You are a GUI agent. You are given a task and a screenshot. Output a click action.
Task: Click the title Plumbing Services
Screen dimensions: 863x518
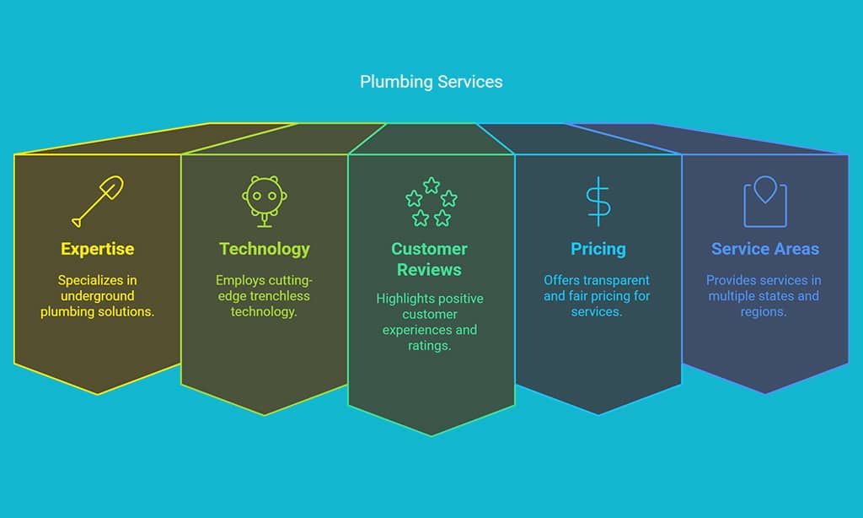point(431,82)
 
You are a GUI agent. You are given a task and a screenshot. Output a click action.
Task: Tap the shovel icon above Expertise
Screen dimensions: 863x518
point(98,201)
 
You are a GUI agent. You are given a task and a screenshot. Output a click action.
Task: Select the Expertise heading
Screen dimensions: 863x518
point(98,249)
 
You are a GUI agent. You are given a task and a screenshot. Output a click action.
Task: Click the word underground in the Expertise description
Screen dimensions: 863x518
point(98,296)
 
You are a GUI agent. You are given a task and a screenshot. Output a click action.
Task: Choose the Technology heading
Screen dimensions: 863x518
point(264,249)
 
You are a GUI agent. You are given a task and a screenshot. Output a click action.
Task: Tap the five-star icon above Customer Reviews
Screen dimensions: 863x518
point(431,202)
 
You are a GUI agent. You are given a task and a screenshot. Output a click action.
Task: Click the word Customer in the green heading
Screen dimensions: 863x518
point(429,249)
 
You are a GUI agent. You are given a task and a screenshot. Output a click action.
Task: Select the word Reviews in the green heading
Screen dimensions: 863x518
point(429,269)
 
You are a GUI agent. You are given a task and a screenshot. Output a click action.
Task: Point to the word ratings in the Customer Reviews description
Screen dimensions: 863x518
point(429,346)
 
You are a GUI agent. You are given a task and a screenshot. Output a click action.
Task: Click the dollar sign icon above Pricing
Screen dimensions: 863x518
point(598,202)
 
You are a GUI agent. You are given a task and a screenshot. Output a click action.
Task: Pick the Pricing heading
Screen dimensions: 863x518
point(598,249)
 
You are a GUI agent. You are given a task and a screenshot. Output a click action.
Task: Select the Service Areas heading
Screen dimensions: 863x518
point(765,249)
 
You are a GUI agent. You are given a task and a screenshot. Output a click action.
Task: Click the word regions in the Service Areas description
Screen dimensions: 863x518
point(764,312)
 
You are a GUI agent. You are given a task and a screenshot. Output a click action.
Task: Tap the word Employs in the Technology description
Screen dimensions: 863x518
point(239,280)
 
